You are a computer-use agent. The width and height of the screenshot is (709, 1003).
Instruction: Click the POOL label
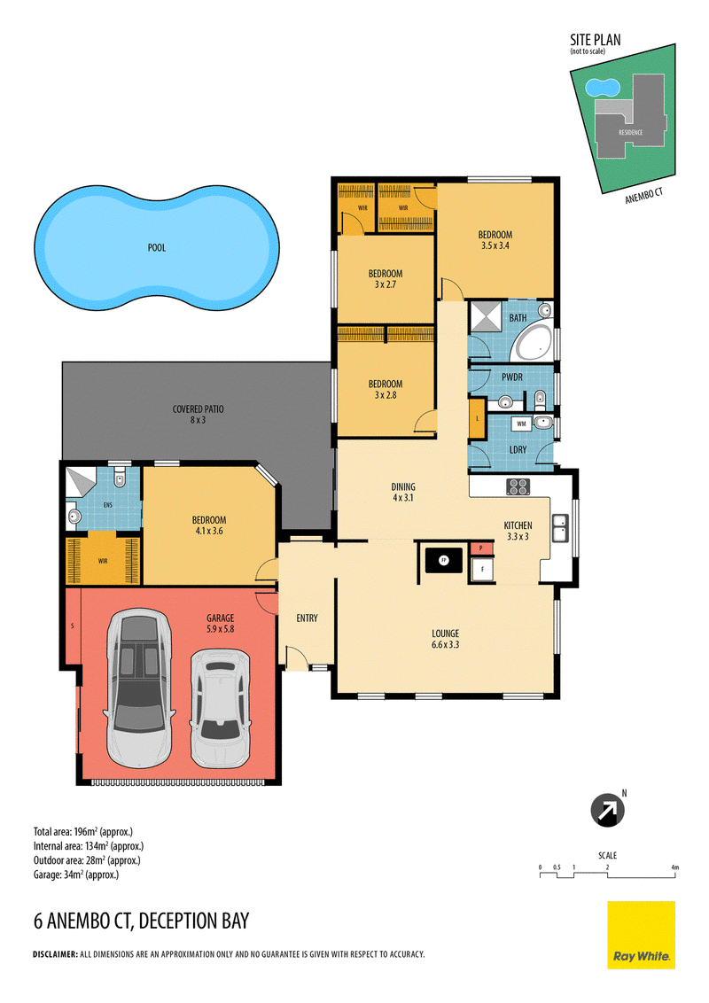point(157,247)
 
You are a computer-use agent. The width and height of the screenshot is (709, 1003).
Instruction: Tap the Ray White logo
point(641,935)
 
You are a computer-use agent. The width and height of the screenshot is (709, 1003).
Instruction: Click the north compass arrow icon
point(607,811)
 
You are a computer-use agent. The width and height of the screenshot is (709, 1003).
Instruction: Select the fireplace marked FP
point(443,560)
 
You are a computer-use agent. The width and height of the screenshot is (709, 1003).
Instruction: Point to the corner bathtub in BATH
point(534,344)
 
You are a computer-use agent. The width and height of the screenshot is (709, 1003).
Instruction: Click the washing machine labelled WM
point(521,424)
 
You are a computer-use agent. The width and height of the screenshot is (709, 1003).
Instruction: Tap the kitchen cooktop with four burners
point(518,486)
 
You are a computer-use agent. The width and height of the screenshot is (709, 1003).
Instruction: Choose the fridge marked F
point(482,569)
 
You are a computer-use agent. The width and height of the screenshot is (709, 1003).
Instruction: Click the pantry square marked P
point(481,548)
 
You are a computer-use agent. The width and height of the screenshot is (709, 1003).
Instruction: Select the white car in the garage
point(220,708)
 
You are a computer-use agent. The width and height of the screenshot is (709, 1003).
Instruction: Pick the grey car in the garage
point(139,688)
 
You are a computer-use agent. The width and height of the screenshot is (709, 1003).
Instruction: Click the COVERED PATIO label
point(198,415)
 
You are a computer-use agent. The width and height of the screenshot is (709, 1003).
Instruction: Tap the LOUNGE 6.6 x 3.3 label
point(446,639)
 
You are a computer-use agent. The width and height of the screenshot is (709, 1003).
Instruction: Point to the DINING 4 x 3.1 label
point(403,492)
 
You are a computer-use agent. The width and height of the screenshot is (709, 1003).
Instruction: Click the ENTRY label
point(308,618)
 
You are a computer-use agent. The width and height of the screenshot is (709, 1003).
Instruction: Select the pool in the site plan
point(603,86)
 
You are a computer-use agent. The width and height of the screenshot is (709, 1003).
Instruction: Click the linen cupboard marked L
point(477,418)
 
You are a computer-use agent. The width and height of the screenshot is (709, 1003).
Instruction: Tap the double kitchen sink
point(560,528)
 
